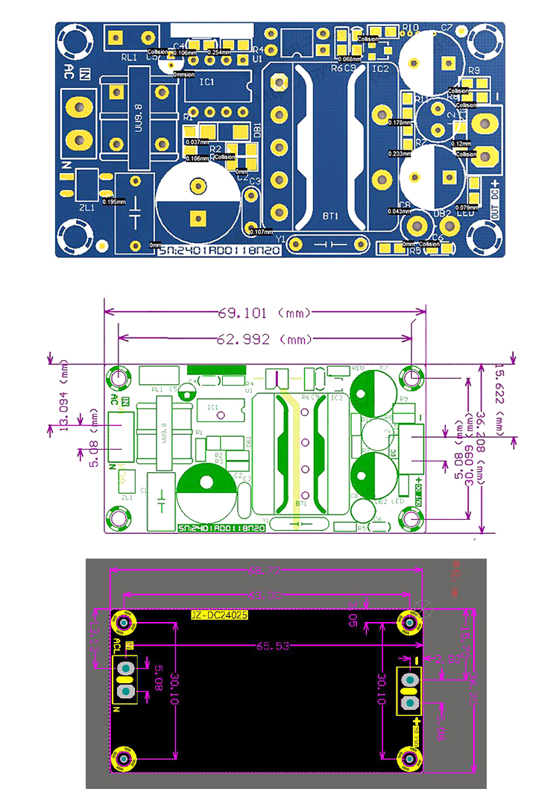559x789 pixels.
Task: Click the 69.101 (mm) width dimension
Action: point(264,312)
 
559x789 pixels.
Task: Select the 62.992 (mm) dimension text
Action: point(264,339)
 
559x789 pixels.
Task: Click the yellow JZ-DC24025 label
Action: point(218,615)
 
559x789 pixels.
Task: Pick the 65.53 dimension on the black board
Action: point(273,646)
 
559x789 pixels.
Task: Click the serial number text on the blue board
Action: point(221,254)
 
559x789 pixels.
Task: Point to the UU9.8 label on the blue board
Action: point(139,117)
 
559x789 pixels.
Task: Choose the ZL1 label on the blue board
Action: point(86,208)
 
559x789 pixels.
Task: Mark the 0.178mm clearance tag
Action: point(400,122)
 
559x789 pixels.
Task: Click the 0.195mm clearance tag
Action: point(114,201)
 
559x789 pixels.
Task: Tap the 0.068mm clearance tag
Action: point(349,58)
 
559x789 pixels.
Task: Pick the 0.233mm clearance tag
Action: point(400,154)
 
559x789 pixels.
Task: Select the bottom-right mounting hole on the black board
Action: point(409,758)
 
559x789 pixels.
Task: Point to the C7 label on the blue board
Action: point(446,28)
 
